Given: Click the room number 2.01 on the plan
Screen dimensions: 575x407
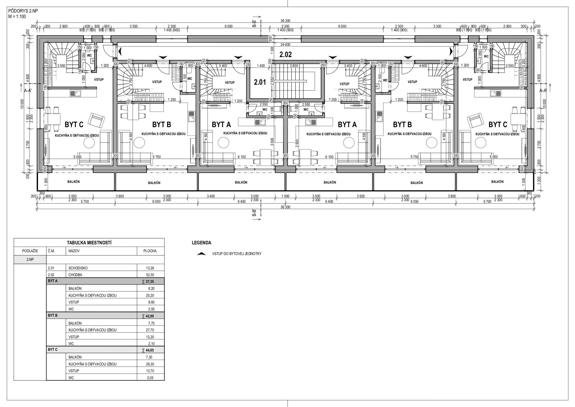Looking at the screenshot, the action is (x=260, y=82).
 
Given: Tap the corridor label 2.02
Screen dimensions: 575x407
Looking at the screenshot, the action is (x=285, y=55).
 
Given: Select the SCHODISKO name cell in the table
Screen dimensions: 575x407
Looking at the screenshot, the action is (x=78, y=268).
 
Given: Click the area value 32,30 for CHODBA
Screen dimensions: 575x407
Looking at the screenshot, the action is (x=150, y=275).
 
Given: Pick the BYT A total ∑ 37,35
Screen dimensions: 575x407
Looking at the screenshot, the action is (x=148, y=281).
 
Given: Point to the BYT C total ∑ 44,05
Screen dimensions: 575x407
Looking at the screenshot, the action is (x=148, y=350).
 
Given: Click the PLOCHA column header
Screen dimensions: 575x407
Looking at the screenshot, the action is (x=150, y=251).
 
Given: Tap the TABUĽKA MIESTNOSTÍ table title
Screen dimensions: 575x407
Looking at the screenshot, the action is (x=89, y=243).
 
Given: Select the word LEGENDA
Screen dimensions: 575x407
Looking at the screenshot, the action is (x=202, y=243).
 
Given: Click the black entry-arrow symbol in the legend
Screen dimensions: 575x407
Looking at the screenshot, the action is (x=202, y=254).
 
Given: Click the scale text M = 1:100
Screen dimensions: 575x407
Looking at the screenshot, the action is (x=17, y=16).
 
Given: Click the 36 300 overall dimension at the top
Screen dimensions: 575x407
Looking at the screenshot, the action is (x=285, y=21).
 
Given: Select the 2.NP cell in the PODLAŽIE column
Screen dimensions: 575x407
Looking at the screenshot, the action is (x=30, y=260).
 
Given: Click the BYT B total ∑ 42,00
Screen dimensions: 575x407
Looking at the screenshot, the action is (x=148, y=316).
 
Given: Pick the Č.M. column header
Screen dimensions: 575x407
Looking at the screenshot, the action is (x=51, y=251).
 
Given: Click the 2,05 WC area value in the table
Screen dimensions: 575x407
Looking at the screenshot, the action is (x=150, y=378).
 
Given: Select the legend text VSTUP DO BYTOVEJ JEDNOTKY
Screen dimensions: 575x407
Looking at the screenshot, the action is (x=237, y=254).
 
